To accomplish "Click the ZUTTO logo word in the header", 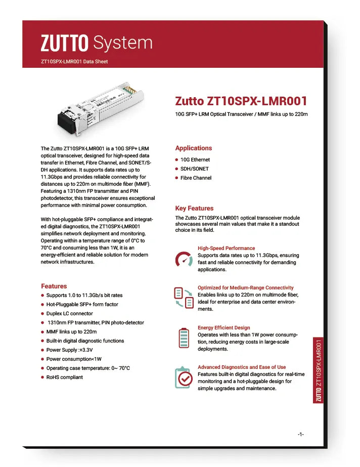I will (64, 44).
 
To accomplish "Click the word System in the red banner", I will (123, 43).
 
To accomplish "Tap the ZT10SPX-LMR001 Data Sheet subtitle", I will (74, 62).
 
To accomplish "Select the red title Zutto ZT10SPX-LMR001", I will (241, 101).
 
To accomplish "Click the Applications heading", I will (194, 148).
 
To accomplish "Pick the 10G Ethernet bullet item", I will (195, 160).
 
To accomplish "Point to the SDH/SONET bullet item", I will (194, 169).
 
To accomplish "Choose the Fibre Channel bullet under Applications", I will (196, 178).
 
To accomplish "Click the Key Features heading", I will (194, 208).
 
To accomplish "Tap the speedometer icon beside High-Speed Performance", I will (184, 259).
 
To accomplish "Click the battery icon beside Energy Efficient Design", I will (184, 338).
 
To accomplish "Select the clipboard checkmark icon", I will (184, 377).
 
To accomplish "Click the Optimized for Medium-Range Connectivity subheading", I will (245, 287).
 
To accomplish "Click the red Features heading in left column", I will (54, 286).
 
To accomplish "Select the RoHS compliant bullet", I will (64, 377).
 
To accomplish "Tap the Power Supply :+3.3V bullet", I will (69, 350).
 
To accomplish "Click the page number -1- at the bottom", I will (300, 435).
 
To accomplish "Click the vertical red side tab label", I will (319, 370).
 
